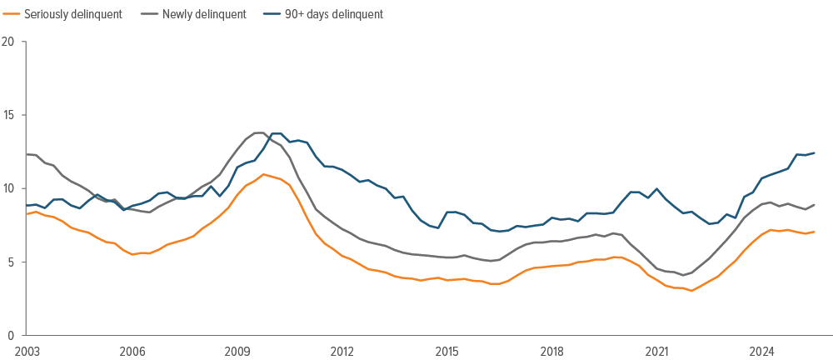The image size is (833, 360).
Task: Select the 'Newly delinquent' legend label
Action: point(204,14)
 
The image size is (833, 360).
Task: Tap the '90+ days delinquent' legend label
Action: point(332,14)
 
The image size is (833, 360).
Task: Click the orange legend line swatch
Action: point(12,14)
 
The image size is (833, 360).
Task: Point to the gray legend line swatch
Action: point(149,14)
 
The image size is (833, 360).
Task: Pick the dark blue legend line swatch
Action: point(271,14)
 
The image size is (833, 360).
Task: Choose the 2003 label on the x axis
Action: point(27,351)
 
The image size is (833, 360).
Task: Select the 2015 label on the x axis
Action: point(447,351)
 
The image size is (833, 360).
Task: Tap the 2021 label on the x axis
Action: point(657,351)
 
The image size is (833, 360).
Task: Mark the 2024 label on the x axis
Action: point(762,351)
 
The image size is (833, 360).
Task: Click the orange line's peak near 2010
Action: point(263,174)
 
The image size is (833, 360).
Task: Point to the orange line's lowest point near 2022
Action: point(691,291)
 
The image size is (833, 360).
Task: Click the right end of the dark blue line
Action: point(814,152)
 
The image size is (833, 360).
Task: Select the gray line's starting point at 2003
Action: point(27,154)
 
